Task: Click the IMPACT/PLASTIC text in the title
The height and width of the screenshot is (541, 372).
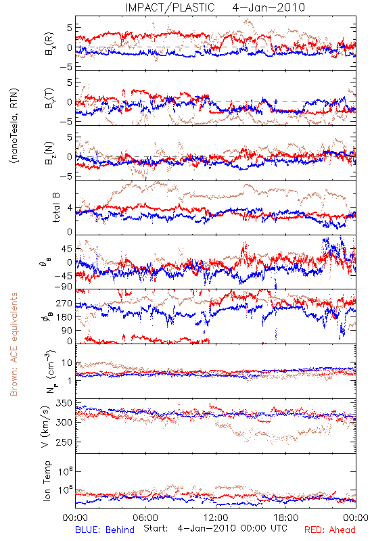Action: (170, 7)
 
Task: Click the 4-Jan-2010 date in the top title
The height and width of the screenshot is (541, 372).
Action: (269, 7)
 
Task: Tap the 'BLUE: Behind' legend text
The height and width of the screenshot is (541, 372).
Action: (105, 530)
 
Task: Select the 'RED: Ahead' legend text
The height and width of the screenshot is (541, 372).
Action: (329, 530)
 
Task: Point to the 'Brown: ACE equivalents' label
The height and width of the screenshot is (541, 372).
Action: (14, 344)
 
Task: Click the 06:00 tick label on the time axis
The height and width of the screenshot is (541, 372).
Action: (145, 517)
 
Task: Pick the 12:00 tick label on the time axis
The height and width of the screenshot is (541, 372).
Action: (216, 517)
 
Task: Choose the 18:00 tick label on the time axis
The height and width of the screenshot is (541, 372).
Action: (286, 517)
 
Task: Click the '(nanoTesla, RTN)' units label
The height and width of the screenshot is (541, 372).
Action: (14, 126)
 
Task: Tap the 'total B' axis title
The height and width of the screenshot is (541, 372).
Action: (56, 208)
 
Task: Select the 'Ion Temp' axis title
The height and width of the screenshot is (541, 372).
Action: (47, 481)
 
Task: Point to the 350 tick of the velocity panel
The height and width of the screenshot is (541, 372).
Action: (64, 403)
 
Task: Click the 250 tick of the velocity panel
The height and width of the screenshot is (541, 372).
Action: (64, 442)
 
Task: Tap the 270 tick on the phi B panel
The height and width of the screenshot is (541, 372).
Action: (64, 303)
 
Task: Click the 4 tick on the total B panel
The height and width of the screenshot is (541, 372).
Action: (70, 208)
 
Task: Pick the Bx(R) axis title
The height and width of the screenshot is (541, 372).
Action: (49, 43)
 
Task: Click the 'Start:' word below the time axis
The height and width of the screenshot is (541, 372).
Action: (156, 529)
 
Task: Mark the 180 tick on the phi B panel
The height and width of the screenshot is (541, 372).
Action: (64, 316)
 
